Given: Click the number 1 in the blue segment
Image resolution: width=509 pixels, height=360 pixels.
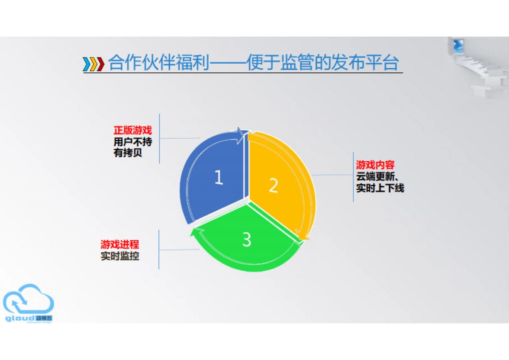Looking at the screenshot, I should coord(218,178).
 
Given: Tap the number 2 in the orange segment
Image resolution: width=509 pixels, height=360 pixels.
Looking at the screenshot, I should coord(274,186).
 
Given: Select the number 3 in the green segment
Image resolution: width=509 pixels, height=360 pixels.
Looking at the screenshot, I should coord(247,240).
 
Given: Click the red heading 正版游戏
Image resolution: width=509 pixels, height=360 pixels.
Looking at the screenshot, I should coord(132,131).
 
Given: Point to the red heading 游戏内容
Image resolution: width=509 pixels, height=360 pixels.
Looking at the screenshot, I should coord(375,165).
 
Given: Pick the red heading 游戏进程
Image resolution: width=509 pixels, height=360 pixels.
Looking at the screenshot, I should coord(120,245).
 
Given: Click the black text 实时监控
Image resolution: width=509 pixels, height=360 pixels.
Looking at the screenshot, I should coord(120,256).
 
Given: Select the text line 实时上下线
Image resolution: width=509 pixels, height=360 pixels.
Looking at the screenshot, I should coord(380,188).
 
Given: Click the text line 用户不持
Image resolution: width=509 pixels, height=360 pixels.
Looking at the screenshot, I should coord(132,142).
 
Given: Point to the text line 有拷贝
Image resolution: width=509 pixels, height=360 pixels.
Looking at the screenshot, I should coord(128,153).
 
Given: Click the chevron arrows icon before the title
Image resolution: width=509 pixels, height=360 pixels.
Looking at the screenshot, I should coord(94,64).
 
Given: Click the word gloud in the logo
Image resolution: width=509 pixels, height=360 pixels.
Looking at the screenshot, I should coord(20,317).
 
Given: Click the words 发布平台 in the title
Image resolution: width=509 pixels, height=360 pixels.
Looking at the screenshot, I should coord(366,63).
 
